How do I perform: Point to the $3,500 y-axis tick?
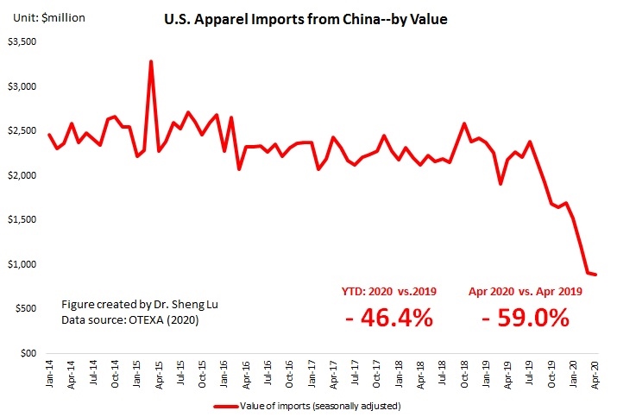point(22,41)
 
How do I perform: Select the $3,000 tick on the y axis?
point(22,86)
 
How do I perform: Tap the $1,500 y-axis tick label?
point(22,219)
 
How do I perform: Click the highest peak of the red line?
point(151,62)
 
